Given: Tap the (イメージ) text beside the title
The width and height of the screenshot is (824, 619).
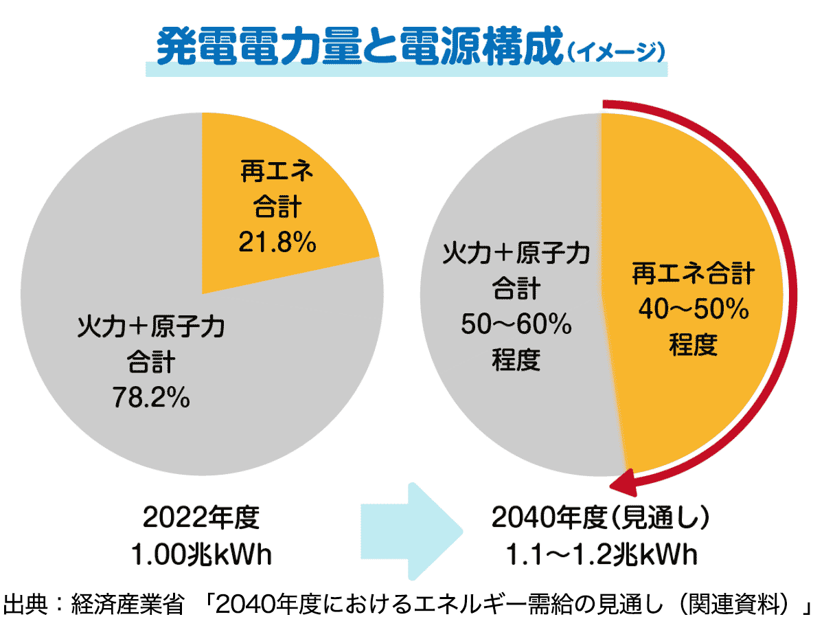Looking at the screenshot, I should (x=615, y=51).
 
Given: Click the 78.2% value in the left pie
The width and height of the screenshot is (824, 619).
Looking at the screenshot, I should (x=151, y=396).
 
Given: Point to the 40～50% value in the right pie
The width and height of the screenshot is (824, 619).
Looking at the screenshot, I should (x=693, y=310).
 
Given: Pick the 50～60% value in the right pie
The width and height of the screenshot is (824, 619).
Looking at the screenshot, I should (x=516, y=324).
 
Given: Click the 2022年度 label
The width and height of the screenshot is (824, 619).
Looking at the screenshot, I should (x=202, y=518).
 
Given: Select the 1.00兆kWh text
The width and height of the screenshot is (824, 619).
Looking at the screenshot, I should (x=202, y=554).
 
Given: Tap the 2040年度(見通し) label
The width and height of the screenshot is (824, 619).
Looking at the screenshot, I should (x=599, y=518).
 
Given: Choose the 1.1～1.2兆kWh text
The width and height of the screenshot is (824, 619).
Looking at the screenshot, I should (x=599, y=554).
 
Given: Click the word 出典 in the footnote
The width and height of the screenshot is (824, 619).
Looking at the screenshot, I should (x=25, y=605).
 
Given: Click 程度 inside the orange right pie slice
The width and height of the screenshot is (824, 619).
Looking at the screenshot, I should (x=693, y=345).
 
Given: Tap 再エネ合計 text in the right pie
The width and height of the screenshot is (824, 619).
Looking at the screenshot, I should (x=693, y=275).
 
